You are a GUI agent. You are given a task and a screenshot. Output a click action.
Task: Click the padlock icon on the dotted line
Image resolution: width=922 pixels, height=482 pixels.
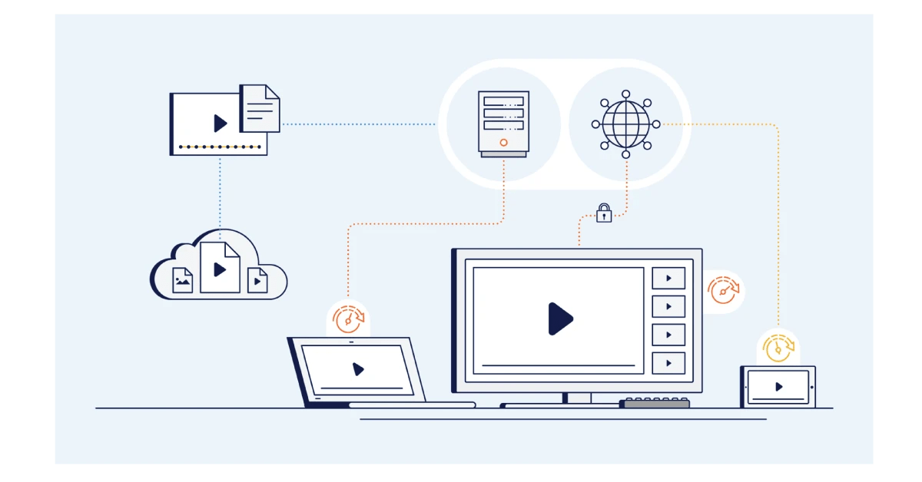[x=604, y=213]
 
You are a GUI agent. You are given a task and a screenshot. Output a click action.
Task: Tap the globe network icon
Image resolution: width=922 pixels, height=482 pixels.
[x=625, y=124]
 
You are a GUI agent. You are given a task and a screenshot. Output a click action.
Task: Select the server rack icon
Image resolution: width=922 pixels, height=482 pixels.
[x=503, y=124]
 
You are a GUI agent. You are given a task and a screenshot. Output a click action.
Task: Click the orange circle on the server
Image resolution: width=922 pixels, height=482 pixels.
[x=503, y=142]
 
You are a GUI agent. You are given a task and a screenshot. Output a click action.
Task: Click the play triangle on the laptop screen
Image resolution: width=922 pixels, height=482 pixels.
[x=358, y=369]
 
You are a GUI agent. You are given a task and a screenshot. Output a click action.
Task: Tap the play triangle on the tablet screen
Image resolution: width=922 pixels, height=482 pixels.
[x=779, y=387]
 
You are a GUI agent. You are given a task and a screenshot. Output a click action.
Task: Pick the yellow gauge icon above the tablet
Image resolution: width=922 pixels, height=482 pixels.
[x=778, y=347]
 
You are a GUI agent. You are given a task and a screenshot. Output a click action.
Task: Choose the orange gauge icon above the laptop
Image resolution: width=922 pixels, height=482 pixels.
[x=348, y=317]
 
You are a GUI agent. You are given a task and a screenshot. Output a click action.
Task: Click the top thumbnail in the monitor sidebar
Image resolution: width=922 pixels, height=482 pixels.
[x=668, y=279]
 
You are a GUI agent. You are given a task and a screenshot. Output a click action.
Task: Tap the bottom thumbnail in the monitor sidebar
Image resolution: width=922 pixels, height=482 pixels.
[x=668, y=362]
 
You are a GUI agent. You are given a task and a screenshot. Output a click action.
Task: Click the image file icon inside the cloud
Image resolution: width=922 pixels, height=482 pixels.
[x=183, y=281]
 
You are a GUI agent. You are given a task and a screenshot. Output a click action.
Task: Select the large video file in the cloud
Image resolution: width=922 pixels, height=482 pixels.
[x=220, y=268]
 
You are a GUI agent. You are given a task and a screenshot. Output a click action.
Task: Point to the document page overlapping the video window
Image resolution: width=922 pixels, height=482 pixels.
[x=260, y=108]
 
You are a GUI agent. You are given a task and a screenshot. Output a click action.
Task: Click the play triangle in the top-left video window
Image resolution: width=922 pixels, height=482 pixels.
[x=221, y=123]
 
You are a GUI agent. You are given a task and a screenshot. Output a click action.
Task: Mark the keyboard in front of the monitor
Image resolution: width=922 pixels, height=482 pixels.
[x=655, y=403]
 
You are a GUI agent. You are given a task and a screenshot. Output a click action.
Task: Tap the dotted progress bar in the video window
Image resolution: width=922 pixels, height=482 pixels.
[x=220, y=146]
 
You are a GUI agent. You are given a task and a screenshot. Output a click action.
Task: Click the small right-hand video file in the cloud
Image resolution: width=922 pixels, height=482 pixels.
[x=257, y=281]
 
